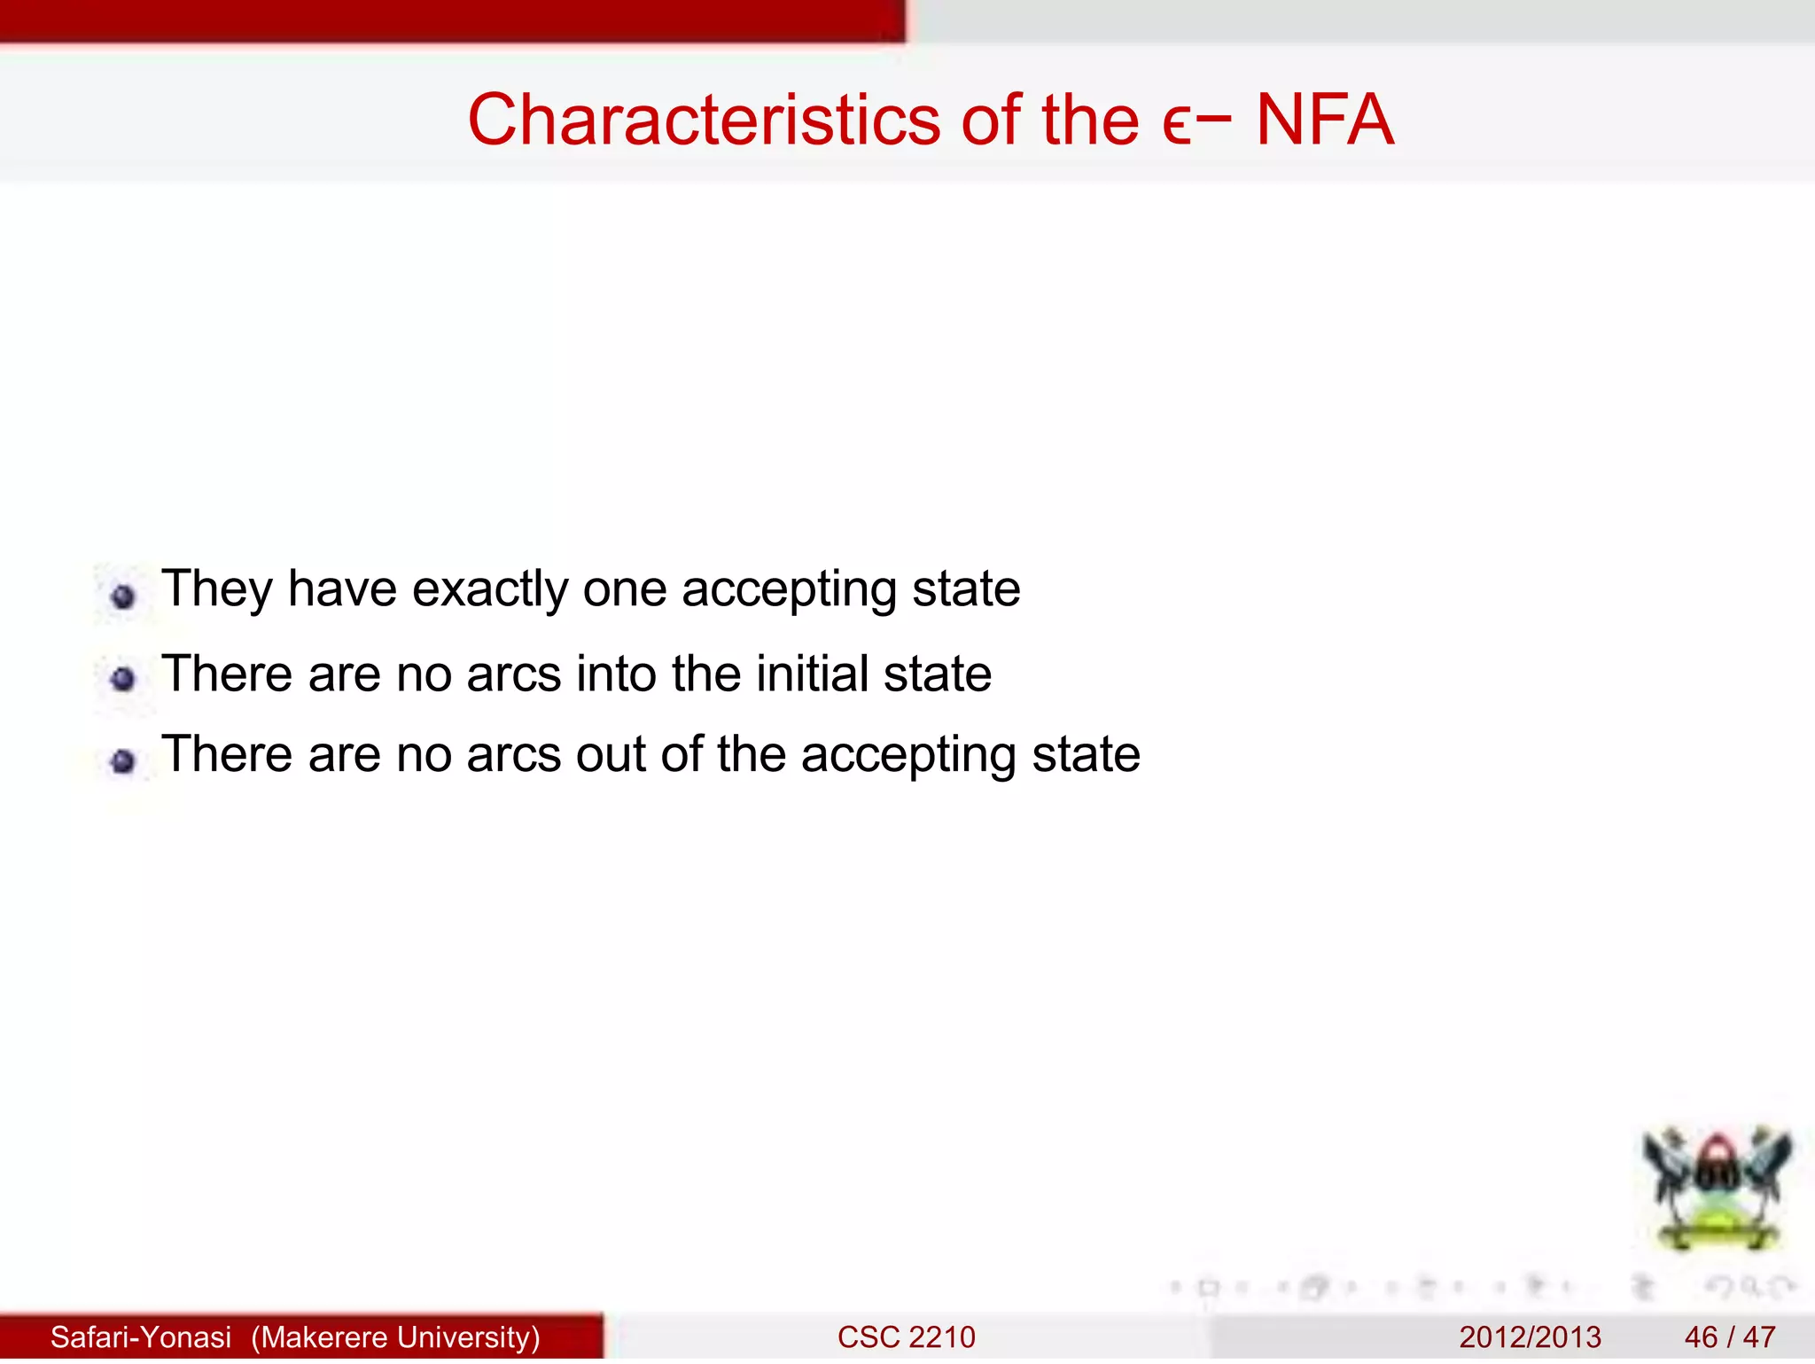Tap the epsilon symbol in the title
[x=1176, y=124]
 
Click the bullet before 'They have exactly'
[x=123, y=596]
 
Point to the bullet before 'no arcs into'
[x=123, y=680]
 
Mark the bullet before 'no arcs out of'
[x=123, y=760]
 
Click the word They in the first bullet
[x=216, y=589]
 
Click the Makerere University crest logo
[x=1716, y=1188]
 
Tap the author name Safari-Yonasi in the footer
[x=141, y=1337]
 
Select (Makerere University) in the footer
[x=395, y=1337]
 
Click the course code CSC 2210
[x=906, y=1337]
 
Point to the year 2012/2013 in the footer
[x=1530, y=1337]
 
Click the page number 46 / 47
[x=1729, y=1337]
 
